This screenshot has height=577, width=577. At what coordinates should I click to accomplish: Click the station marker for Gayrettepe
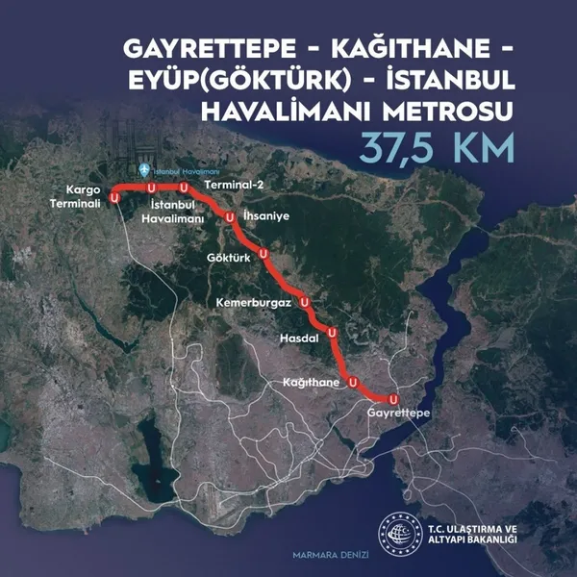coord(392,398)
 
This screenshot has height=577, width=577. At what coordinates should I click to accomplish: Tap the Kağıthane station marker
coord(354,383)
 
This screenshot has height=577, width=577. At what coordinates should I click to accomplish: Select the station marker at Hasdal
coord(332,333)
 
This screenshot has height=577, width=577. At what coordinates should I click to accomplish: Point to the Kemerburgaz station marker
coord(305,302)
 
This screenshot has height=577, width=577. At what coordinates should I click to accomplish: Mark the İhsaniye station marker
coord(230,218)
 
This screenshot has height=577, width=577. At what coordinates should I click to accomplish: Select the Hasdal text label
coord(295,339)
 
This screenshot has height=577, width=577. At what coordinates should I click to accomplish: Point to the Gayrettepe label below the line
coord(398,413)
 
